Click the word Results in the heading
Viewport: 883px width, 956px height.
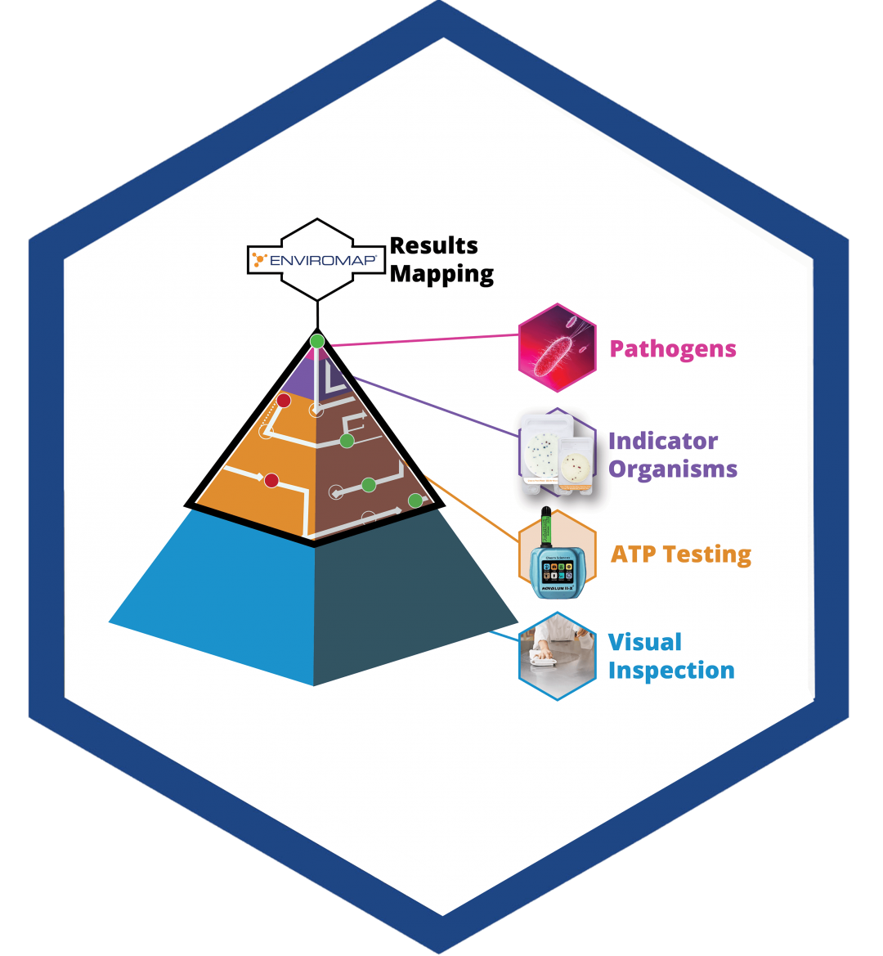coord(433,245)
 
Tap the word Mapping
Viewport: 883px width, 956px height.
coord(441,274)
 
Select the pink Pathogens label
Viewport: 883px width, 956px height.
coord(673,349)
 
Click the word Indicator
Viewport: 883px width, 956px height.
coord(663,442)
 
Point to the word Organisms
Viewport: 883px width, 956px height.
coord(673,469)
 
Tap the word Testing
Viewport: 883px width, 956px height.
coord(707,554)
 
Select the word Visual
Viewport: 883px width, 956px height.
coord(645,643)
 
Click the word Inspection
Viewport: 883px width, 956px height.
coord(671,671)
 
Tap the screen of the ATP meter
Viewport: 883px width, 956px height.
coord(558,568)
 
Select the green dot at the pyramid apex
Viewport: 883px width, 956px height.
coord(317,340)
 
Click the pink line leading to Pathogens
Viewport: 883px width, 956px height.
coord(425,340)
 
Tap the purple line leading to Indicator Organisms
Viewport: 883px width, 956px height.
coord(441,410)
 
